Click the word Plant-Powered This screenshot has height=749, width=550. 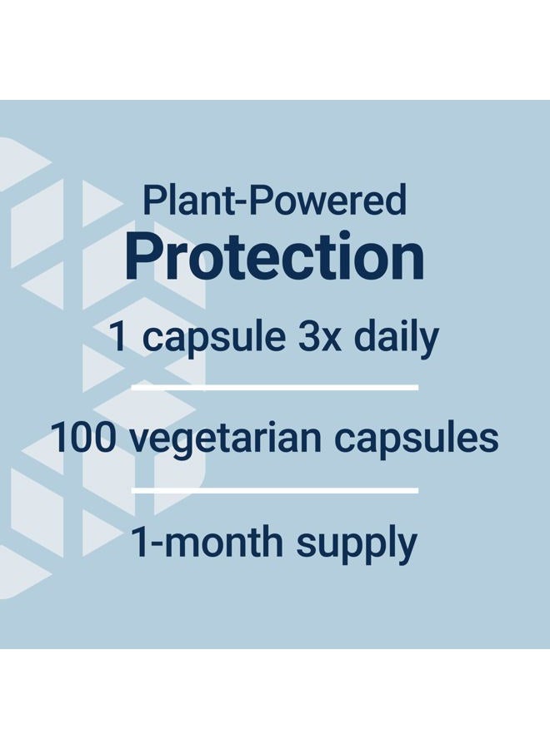pyautogui.click(x=274, y=200)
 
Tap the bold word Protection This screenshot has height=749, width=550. pyautogui.click(x=274, y=256)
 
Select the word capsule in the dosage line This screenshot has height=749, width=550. pyautogui.click(x=214, y=338)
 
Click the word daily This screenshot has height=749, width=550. pyautogui.click(x=396, y=338)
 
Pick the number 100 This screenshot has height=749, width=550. pyautogui.click(x=82, y=438)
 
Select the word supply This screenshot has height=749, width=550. pyautogui.click(x=357, y=545)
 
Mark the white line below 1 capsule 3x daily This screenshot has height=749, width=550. pyautogui.click(x=274, y=387)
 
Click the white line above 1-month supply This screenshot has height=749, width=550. pyautogui.click(x=274, y=490)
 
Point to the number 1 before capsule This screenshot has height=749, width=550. pyautogui.click(x=118, y=337)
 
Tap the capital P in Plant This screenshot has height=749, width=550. pyautogui.click(x=153, y=200)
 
